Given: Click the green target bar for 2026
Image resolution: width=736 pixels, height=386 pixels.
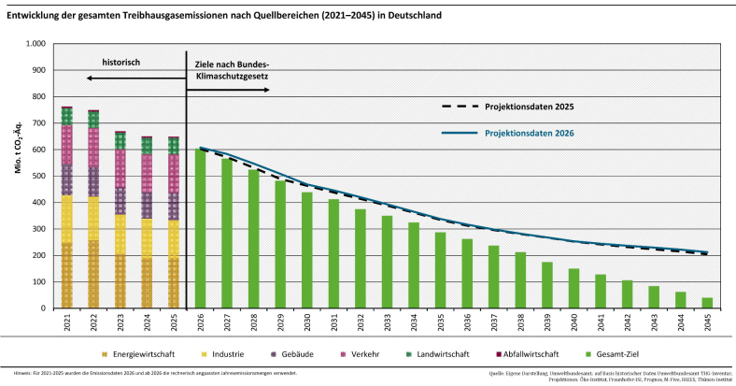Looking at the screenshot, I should click(x=200, y=229).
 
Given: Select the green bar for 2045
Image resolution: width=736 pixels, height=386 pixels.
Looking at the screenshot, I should click(x=706, y=303).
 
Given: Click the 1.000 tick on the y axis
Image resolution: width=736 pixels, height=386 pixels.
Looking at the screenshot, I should click(x=35, y=44).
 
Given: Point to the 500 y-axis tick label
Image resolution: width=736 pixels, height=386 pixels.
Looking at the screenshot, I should click(x=39, y=176).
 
